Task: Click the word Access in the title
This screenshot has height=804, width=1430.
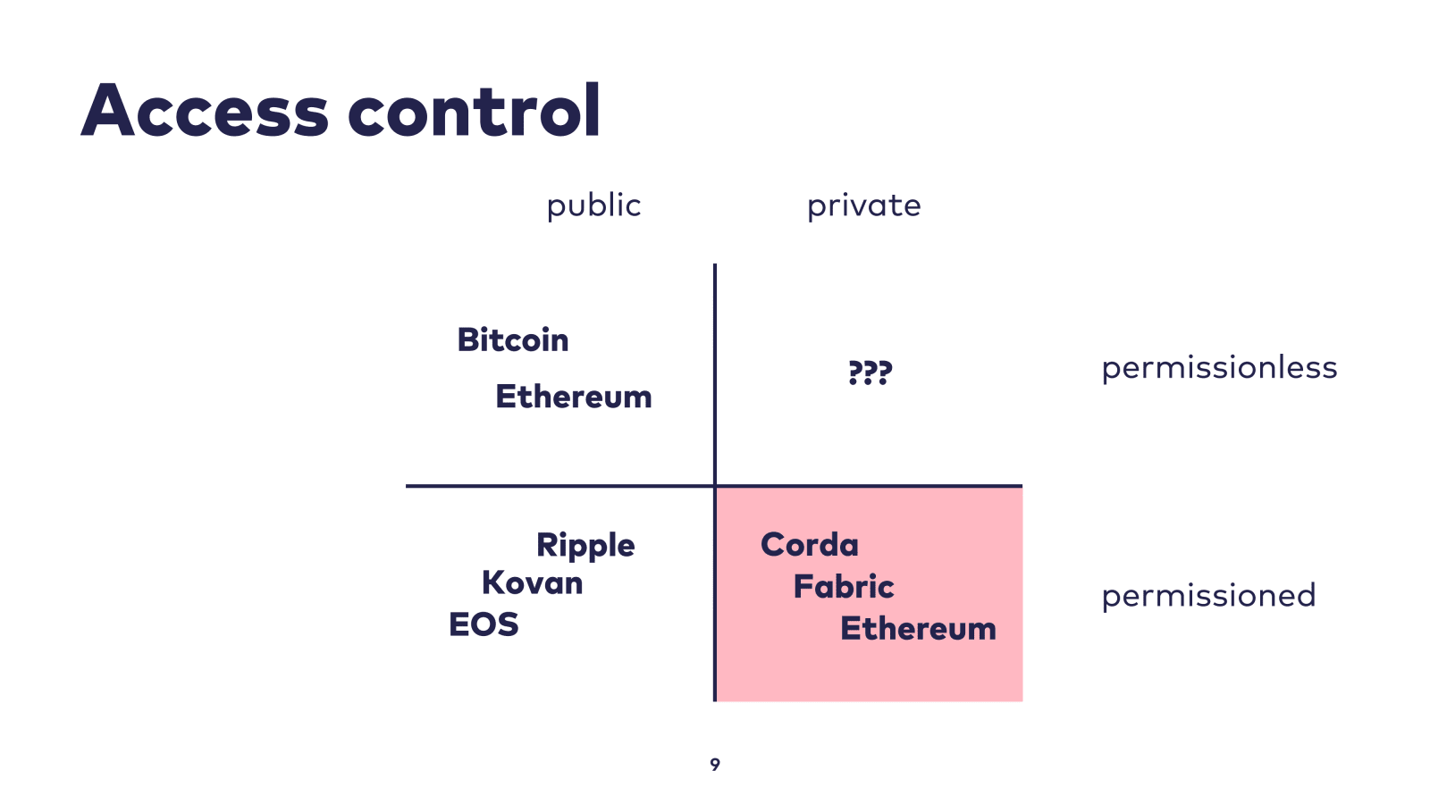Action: click(x=205, y=111)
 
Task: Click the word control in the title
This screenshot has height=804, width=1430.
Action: click(x=474, y=111)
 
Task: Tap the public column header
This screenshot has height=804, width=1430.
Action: click(x=593, y=206)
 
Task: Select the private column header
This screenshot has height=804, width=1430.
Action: click(x=863, y=206)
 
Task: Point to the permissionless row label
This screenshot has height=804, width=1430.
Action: click(x=1218, y=368)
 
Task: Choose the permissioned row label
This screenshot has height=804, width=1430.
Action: click(x=1207, y=596)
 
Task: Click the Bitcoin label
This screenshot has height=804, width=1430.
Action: click(x=513, y=340)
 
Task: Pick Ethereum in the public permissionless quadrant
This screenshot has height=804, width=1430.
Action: click(x=574, y=397)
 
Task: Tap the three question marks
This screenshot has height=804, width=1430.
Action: click(x=870, y=372)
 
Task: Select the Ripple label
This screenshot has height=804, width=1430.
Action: click(x=585, y=546)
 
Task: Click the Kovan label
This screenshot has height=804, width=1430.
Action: click(x=532, y=583)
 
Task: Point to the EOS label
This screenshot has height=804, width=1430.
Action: click(x=484, y=624)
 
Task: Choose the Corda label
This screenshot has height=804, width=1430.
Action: click(x=809, y=545)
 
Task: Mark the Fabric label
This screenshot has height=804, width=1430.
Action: click(x=844, y=587)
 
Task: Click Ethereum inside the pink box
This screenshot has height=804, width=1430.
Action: click(x=918, y=629)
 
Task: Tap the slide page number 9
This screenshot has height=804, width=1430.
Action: click(x=715, y=765)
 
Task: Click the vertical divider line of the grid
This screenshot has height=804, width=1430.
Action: click(x=715, y=375)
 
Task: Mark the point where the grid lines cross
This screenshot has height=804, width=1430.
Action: click(x=715, y=486)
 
